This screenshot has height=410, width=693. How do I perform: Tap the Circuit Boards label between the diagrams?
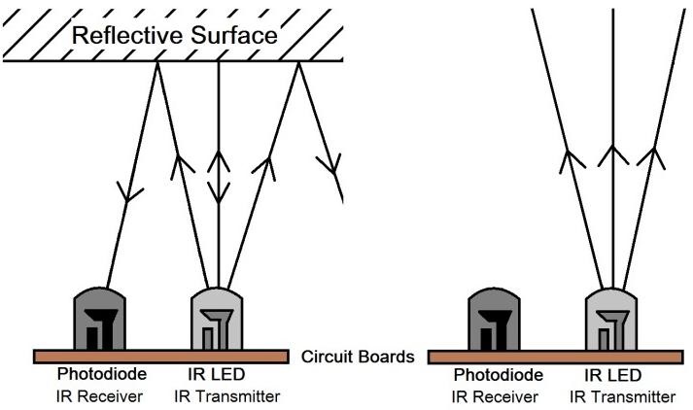pos(358,357)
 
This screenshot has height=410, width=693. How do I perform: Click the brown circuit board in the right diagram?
pos(554,357)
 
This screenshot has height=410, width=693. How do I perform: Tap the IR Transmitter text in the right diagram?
pos(623,395)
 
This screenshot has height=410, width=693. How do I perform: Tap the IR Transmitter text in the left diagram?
pos(227,395)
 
